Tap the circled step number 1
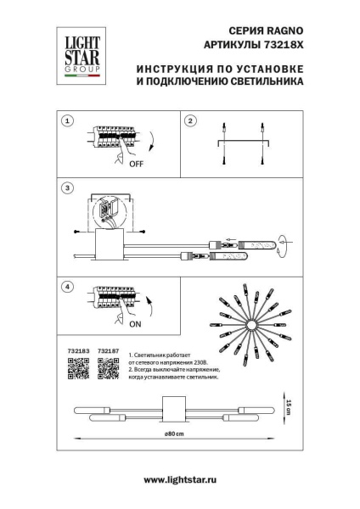[67, 121]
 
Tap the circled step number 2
[191, 121]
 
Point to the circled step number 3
[67, 187]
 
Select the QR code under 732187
[107, 366]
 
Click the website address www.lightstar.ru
[179, 480]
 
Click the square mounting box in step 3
[111, 247]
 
